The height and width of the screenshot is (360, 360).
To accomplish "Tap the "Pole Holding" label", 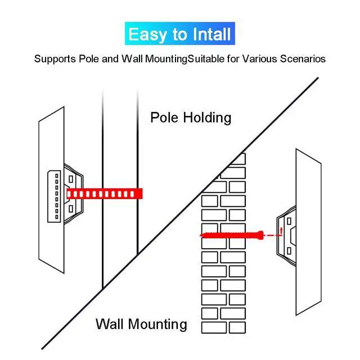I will click(191, 118).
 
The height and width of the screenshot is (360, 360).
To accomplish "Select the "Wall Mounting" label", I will click(141, 324).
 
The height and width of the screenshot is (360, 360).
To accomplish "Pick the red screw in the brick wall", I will click(231, 235).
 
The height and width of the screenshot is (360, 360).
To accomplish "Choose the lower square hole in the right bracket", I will click(289, 249).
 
